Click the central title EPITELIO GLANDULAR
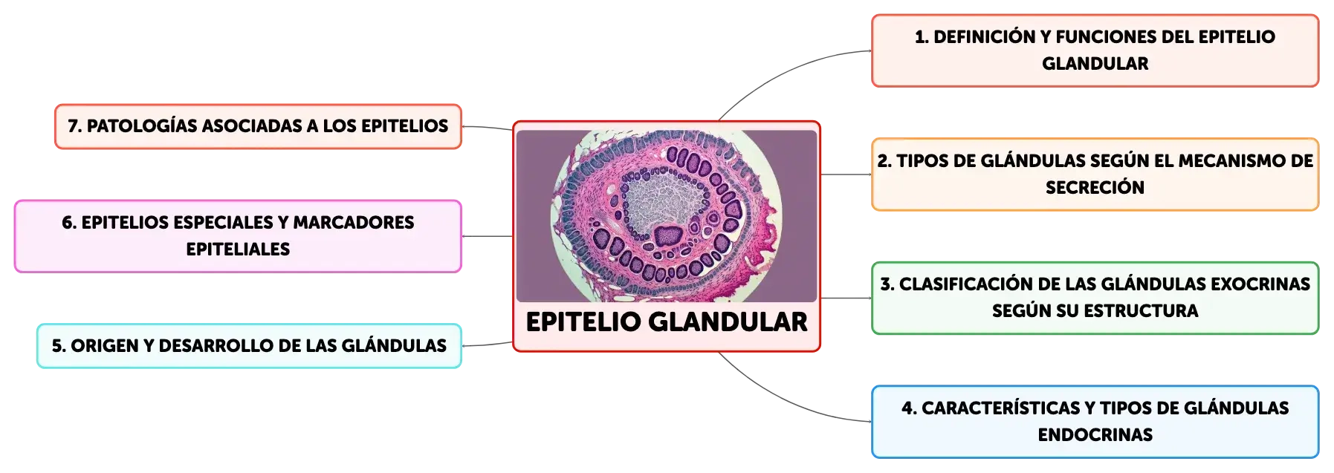(x=667, y=322)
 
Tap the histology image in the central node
(x=667, y=215)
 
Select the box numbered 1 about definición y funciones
(x=1095, y=50)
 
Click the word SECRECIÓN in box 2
(x=1095, y=187)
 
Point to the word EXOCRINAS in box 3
(x=1260, y=284)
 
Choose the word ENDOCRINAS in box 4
(x=1095, y=434)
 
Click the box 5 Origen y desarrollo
(x=249, y=345)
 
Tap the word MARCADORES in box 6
(x=354, y=222)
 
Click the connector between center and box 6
(x=488, y=236)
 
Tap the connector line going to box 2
(x=846, y=174)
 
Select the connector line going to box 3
(x=846, y=298)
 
